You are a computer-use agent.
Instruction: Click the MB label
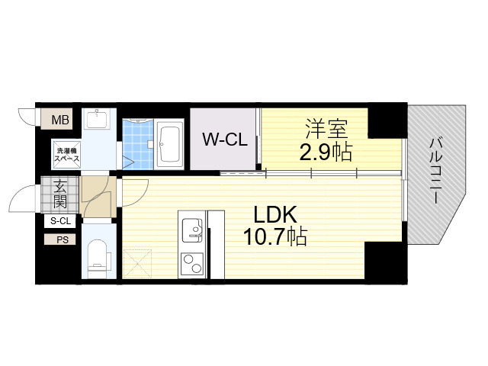(59, 119)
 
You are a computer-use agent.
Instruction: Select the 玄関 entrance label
(59, 195)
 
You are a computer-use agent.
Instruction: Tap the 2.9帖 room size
(324, 152)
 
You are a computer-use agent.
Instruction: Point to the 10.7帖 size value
(275, 238)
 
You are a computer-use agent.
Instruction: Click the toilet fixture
(97, 255)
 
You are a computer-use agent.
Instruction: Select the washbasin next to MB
(97, 120)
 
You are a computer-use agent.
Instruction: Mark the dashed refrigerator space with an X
(138, 264)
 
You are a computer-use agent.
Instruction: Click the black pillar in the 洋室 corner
(385, 122)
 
